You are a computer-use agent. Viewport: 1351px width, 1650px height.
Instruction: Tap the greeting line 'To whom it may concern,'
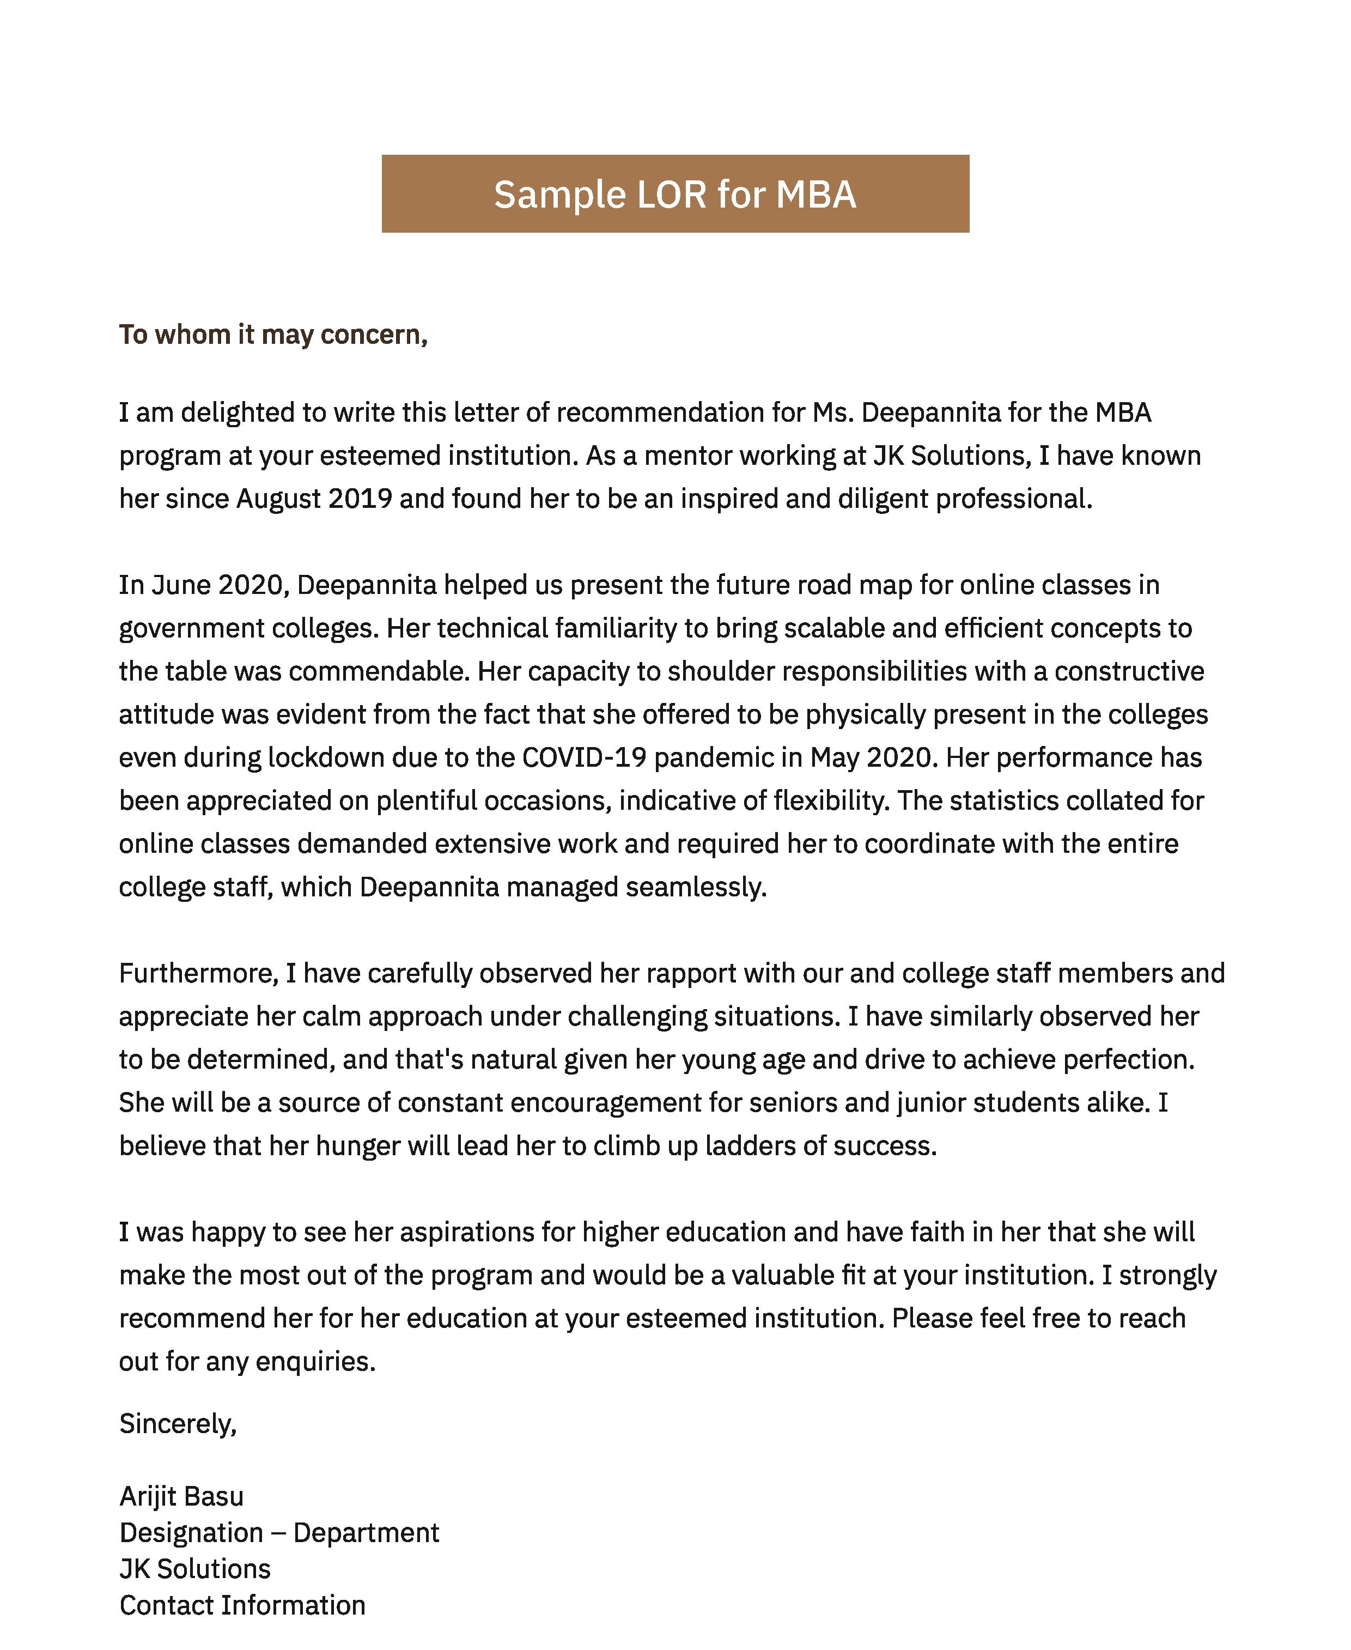tap(273, 335)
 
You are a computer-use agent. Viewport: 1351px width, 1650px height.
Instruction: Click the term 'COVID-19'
tap(583, 758)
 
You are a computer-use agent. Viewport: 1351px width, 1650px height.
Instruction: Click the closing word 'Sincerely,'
tap(178, 1424)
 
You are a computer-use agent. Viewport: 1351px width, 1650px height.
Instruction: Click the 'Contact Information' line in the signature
tap(242, 1606)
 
